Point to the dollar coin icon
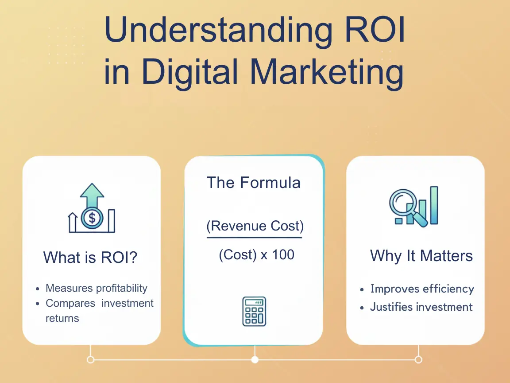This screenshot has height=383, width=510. click(x=92, y=218)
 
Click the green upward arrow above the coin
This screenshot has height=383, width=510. click(x=92, y=195)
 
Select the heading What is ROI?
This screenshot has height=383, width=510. click(x=90, y=257)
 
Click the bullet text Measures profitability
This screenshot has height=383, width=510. click(x=97, y=288)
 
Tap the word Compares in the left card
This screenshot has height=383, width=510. click(x=70, y=304)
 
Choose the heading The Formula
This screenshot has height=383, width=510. click(x=254, y=183)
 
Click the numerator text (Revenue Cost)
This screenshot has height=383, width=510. click(x=255, y=226)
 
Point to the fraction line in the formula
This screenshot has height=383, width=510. click(x=254, y=238)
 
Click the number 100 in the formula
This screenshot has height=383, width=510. click(x=283, y=255)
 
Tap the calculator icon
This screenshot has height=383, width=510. click(x=254, y=311)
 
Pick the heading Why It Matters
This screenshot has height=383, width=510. click(x=421, y=256)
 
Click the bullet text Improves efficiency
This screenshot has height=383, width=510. click(x=422, y=289)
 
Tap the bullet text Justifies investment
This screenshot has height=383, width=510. click(x=421, y=307)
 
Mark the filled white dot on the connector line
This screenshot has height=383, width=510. click(x=255, y=360)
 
